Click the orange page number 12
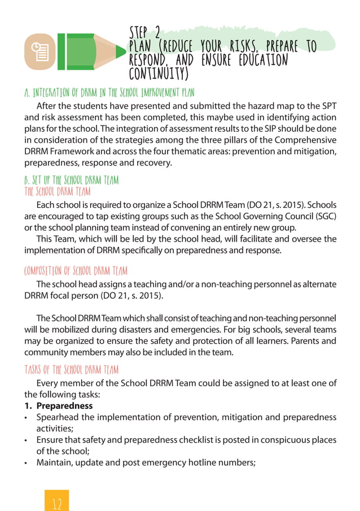pyautogui.click(x=56, y=501)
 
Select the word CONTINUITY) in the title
pyautogui.click(x=159, y=74)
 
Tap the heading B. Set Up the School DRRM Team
pyautogui.click(x=71, y=181)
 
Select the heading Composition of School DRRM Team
pyautogui.click(x=79, y=269)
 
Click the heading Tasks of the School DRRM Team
pyautogui.click(x=71, y=369)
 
